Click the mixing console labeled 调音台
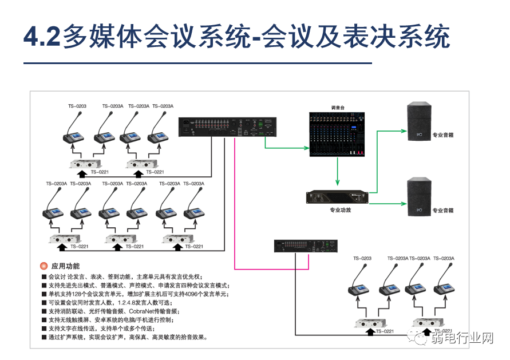click(x=337, y=134)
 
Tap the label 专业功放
click(x=340, y=210)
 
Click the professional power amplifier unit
click(x=340, y=197)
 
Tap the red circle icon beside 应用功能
click(x=43, y=267)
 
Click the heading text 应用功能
click(x=66, y=267)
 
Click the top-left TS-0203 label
click(x=77, y=106)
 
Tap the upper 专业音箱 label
click(x=443, y=136)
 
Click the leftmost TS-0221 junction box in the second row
click(x=62, y=238)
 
